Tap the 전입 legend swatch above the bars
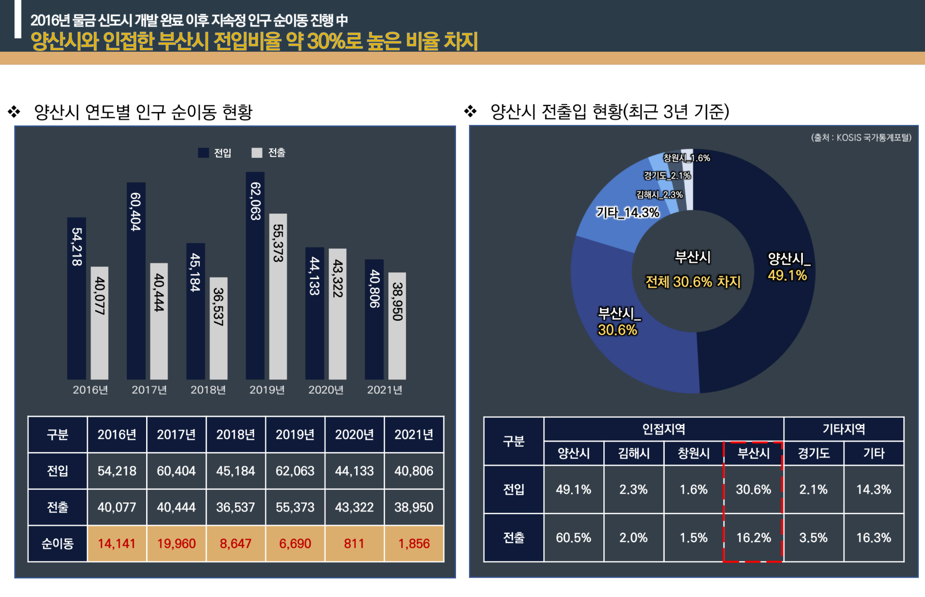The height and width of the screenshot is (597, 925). click(x=203, y=153)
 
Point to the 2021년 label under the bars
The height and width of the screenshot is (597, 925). click(x=384, y=390)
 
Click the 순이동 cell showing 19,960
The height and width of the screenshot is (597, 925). click(x=176, y=543)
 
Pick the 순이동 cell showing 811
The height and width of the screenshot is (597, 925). click(x=354, y=543)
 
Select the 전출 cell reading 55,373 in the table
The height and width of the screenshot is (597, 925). click(x=295, y=507)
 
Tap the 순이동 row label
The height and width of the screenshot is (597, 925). click(x=57, y=543)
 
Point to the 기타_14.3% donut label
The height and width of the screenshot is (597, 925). click(x=627, y=213)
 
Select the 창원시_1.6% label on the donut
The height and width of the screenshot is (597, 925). click(x=686, y=158)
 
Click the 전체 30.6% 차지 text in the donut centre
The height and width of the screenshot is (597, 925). click(x=693, y=282)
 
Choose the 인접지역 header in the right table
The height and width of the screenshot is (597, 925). click(x=664, y=429)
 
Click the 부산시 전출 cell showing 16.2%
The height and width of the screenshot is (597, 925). click(x=753, y=538)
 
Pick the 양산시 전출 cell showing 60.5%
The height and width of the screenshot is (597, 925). click(x=573, y=538)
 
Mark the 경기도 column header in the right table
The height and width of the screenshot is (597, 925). click(x=814, y=453)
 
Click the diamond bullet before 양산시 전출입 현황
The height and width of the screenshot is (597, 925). click(x=470, y=111)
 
